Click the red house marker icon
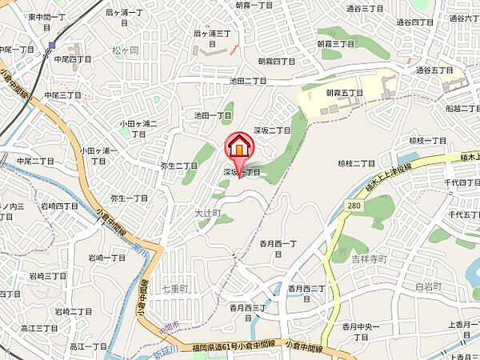(239, 148)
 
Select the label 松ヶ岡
(126, 50)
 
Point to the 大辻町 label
(206, 214)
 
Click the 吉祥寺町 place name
(369, 259)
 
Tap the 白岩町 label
(429, 286)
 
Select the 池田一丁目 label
(212, 115)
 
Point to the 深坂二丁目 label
(271, 130)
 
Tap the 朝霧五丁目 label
(344, 93)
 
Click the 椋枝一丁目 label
(427, 140)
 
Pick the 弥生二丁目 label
(178, 166)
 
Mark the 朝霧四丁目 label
(277, 61)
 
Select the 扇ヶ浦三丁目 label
(213, 34)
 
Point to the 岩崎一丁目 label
(106, 258)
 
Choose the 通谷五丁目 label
(434, 70)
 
